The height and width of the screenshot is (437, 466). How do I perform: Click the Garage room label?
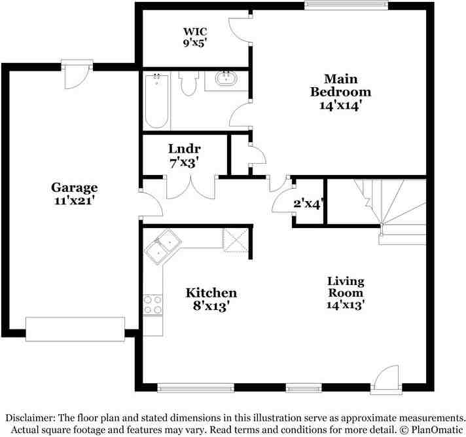75,193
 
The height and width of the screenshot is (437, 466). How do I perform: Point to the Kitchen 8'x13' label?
211,299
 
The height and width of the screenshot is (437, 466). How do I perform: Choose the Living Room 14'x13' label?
346,292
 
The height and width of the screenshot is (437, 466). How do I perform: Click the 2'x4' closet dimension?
306,203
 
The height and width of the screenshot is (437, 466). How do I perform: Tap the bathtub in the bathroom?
157,102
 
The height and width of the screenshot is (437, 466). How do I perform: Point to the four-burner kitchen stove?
152,303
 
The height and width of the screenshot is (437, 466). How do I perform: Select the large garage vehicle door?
75,329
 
